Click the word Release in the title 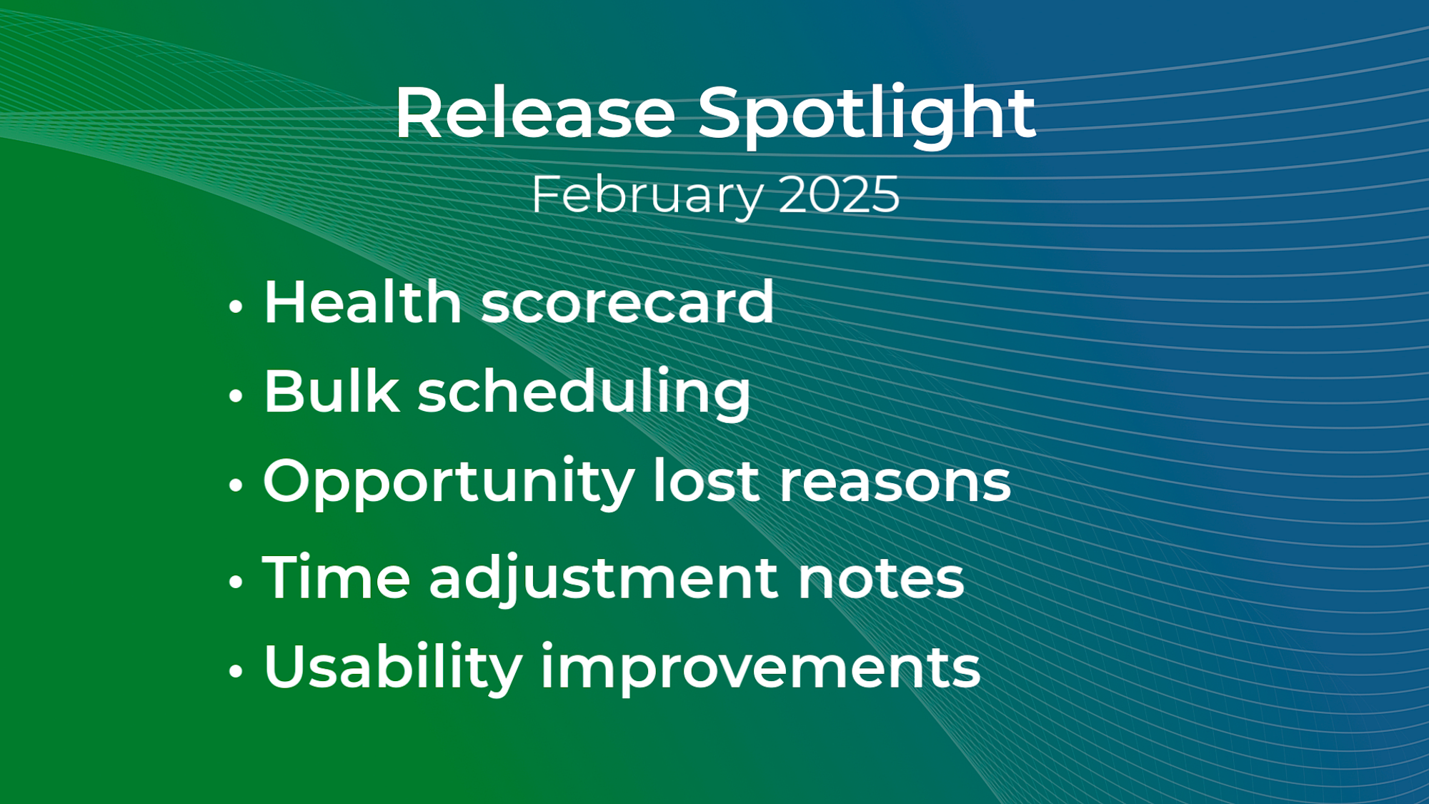point(535,113)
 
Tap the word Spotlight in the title point(866,116)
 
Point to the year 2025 point(839,194)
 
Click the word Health point(363,302)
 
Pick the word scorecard point(627,302)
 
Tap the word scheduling point(584,392)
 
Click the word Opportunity point(449,482)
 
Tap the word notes point(881,578)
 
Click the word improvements point(760,669)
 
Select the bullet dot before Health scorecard point(236,307)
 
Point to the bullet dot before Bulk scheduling point(236,395)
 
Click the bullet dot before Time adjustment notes point(236,582)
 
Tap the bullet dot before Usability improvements point(236,671)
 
